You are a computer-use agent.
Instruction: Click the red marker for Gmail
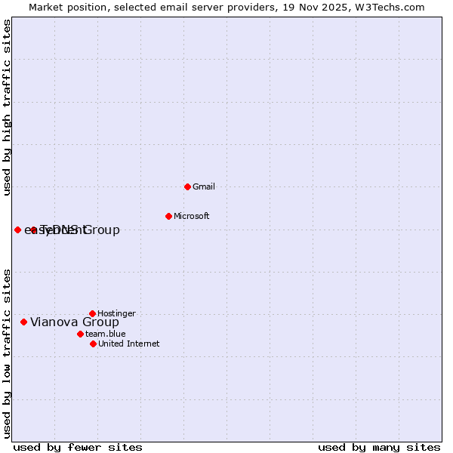187,186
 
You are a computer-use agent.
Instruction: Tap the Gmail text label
204,186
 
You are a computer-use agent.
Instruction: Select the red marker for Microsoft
168,216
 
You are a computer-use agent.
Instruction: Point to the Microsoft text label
191,216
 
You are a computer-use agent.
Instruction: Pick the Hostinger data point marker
92,313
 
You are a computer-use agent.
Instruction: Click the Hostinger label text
116,313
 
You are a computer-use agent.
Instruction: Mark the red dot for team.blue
80,334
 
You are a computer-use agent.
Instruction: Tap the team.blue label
105,334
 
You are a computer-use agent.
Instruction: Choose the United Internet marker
93,344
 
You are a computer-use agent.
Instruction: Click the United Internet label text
128,344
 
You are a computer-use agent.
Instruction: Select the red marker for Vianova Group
23,322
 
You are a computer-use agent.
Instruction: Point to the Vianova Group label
74,322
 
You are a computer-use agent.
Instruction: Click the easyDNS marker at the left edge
17,230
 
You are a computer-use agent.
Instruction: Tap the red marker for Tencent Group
33,230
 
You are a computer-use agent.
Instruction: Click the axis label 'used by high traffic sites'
8,107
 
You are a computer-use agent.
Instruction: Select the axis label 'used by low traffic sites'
8,353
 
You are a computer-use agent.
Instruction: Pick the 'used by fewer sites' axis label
77,447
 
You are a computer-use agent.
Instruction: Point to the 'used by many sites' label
379,447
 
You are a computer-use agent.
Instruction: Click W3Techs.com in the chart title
390,7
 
